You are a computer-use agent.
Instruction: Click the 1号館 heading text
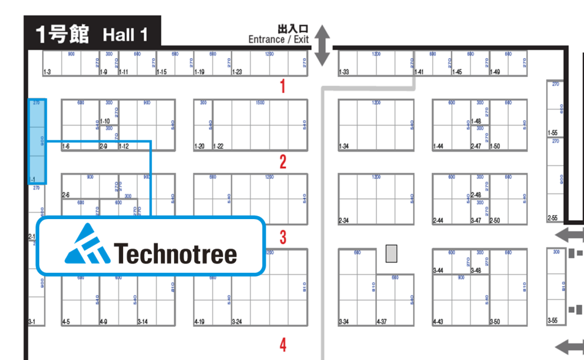click(62, 34)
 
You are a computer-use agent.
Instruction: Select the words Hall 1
click(125, 35)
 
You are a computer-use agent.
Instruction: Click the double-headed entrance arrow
click(323, 45)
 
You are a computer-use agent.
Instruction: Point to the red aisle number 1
click(282, 87)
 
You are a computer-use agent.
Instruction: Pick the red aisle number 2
click(282, 163)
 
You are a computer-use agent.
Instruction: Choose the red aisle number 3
click(282, 237)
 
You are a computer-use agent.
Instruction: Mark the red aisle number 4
click(282, 345)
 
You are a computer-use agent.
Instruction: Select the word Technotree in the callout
click(176, 253)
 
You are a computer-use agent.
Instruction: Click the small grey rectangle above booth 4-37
click(391, 253)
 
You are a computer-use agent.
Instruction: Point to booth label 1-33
click(343, 72)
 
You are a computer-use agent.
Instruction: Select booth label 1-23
click(237, 72)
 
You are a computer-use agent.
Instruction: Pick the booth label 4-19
click(200, 322)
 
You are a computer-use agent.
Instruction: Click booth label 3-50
click(494, 322)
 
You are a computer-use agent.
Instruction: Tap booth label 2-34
click(343, 221)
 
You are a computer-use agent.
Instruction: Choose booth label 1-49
click(494, 72)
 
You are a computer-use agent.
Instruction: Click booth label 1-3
click(47, 72)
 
